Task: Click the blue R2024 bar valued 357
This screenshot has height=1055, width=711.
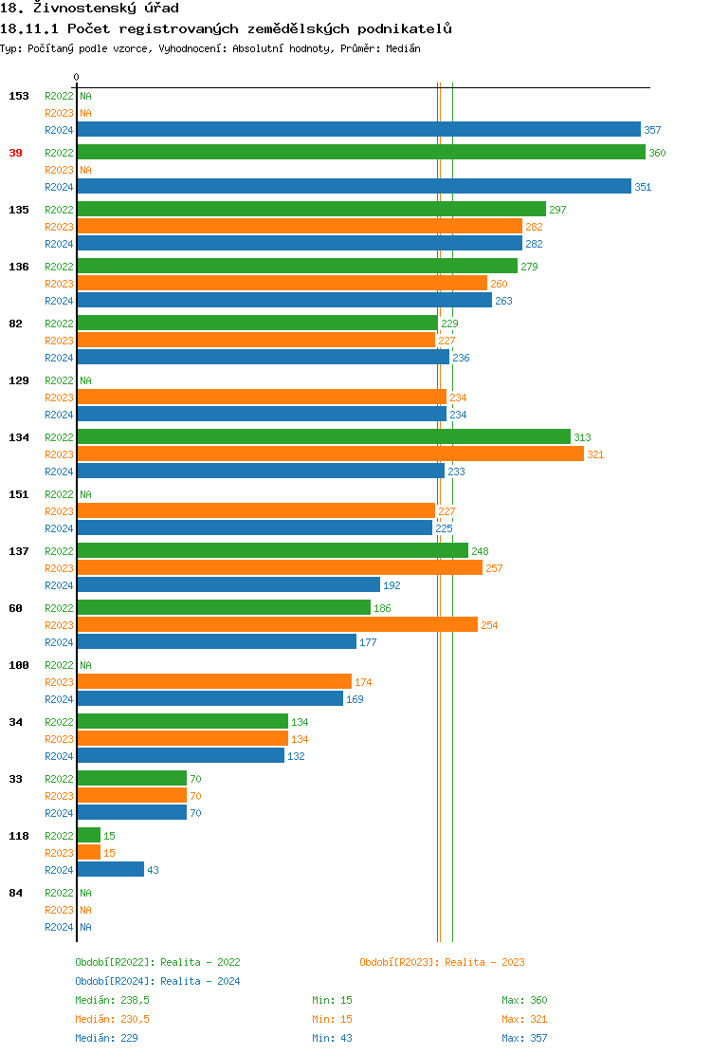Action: (358, 130)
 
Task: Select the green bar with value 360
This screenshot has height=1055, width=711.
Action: (361, 153)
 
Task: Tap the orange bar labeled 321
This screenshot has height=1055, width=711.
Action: (330, 454)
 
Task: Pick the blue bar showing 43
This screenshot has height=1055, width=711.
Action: (110, 870)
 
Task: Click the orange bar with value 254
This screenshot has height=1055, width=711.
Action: (277, 625)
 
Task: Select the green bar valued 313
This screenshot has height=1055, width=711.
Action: (323, 437)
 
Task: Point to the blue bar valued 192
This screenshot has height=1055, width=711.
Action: (228, 585)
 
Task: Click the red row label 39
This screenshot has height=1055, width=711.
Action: (16, 153)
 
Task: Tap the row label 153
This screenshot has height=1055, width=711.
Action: (19, 96)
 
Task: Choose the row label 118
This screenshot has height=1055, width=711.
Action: (19, 836)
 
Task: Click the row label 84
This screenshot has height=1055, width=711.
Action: (16, 893)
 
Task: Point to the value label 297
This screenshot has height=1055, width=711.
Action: (557, 210)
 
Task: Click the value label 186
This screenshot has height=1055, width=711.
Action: (382, 608)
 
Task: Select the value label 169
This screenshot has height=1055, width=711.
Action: (355, 699)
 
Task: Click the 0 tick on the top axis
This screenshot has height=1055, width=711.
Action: (77, 77)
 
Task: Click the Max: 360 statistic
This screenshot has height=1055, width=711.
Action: (524, 1000)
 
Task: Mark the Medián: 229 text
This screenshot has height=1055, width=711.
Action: (106, 1038)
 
